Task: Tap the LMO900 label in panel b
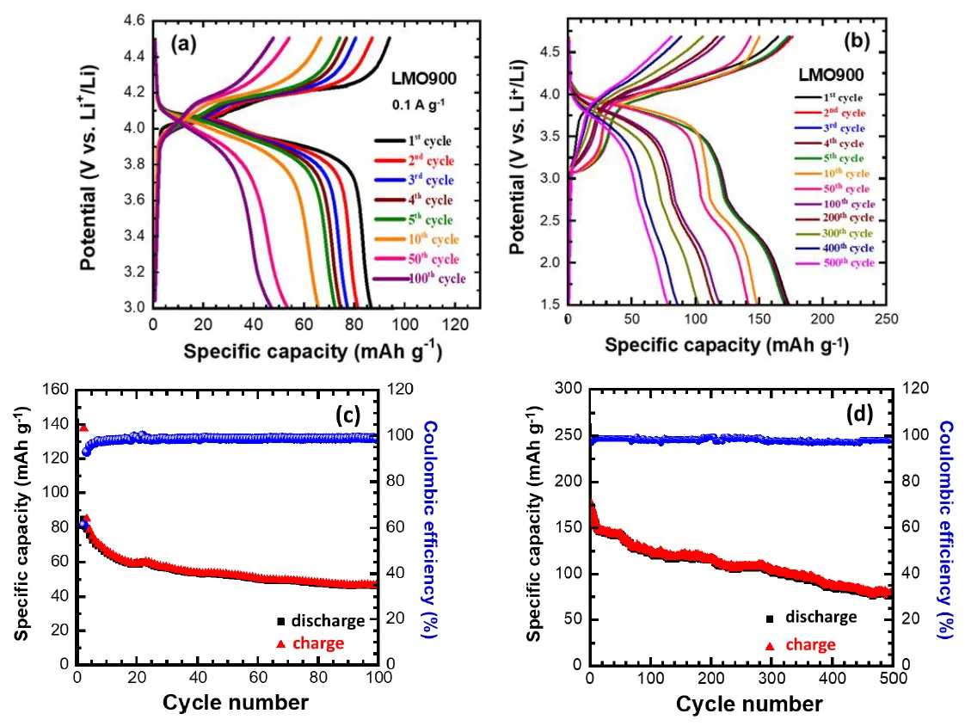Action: click(x=829, y=76)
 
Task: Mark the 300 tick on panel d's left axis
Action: click(x=568, y=390)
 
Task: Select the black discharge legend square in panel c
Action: click(x=280, y=621)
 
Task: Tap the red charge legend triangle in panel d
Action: click(x=770, y=644)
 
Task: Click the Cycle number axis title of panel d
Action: click(x=749, y=704)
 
